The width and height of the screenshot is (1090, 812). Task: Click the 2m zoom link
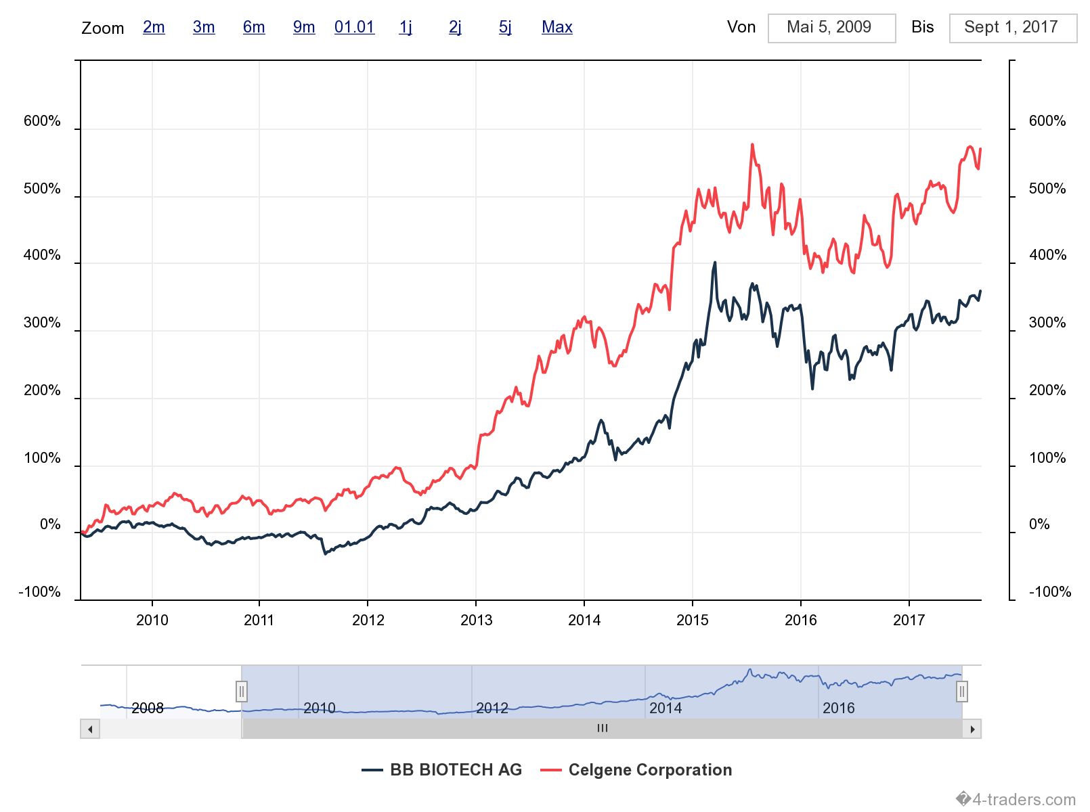pos(154,27)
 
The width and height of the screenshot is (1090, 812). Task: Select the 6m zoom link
pos(254,27)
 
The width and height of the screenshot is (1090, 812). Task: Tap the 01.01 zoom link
pos(354,27)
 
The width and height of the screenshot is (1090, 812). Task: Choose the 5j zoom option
pos(505,27)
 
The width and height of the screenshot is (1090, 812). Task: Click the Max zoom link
pos(557,27)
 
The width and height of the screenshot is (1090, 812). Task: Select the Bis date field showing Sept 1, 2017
pos(1012,28)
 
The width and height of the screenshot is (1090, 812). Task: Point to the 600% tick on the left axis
pos(42,121)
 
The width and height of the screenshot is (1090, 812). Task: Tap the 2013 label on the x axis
pos(476,620)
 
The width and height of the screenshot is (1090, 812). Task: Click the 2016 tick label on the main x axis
pos(800,620)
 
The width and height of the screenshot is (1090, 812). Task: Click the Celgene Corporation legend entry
pos(636,770)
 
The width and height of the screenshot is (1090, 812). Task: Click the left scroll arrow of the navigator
pos(90,729)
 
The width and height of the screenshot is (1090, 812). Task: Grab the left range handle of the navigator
pos(242,692)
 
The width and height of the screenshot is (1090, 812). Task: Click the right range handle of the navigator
pos(961,692)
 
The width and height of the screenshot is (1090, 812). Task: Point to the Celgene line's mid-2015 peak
pos(752,145)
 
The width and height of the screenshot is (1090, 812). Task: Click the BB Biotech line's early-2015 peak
pos(715,263)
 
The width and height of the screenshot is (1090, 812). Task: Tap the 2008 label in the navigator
pos(148,708)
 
